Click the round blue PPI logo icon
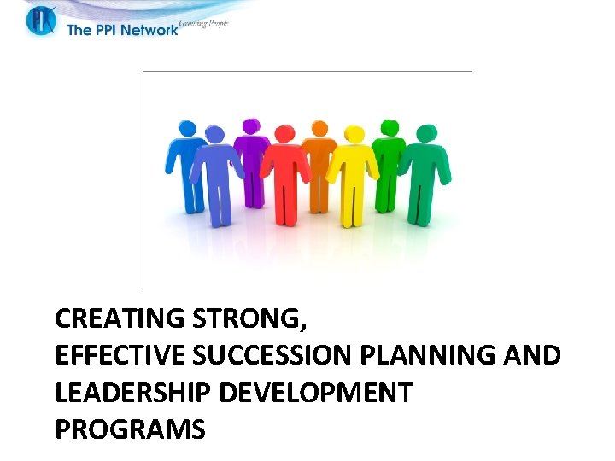[40, 20]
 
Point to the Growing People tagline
[203, 24]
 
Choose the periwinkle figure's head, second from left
[215, 134]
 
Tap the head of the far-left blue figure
[186, 128]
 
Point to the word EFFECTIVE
[110, 356]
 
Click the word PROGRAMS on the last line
[130, 429]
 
